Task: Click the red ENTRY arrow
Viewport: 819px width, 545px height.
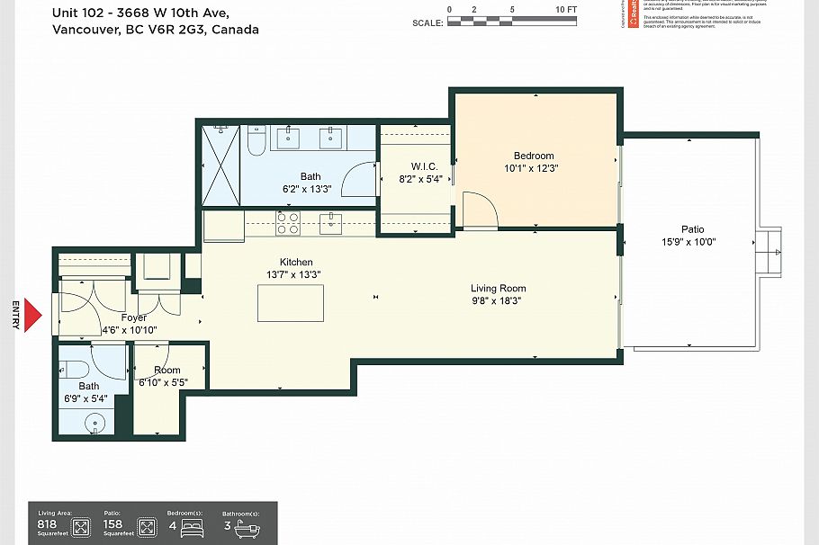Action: (x=32, y=315)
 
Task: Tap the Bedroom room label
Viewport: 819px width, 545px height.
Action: (x=533, y=156)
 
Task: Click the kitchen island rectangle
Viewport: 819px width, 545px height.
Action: (x=290, y=302)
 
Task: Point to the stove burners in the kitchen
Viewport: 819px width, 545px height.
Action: (x=287, y=223)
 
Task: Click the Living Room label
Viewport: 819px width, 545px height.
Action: (x=498, y=289)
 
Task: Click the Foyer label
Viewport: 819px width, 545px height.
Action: (x=134, y=317)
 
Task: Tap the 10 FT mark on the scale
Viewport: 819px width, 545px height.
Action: (x=565, y=9)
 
